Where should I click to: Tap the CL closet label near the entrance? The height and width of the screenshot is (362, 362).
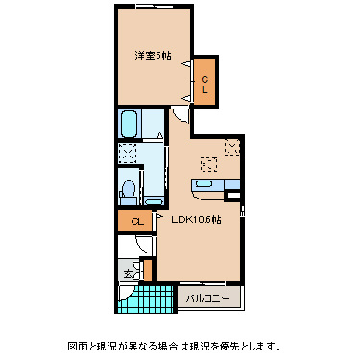137,222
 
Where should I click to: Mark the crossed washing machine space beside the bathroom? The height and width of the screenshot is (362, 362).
128,153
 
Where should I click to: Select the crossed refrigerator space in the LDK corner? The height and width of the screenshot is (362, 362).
232,146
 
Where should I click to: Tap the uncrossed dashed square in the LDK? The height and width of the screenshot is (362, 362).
207,161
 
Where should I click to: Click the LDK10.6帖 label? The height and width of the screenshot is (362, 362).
196,220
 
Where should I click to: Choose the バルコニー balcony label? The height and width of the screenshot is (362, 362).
207,299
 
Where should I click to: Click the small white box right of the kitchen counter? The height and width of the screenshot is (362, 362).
230,195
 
